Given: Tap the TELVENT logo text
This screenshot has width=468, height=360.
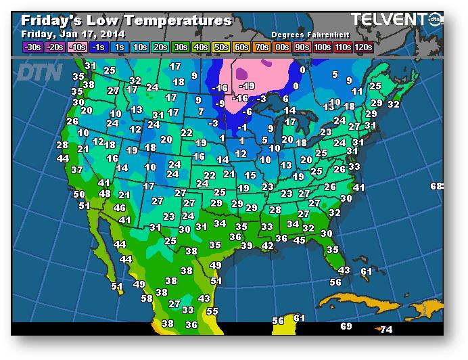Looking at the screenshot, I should [388, 20].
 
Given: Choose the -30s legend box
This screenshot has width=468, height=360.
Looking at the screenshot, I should [32, 47].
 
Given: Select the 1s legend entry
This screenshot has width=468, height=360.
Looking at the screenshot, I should [120, 47].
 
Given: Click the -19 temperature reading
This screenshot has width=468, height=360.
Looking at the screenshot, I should [248, 86].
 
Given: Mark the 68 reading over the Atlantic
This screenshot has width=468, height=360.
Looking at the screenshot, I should [436, 186].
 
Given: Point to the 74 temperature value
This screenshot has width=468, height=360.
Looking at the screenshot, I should [386, 330].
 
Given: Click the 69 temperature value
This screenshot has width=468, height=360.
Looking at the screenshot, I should [346, 326].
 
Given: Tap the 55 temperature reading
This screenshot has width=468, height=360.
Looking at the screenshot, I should [212, 311].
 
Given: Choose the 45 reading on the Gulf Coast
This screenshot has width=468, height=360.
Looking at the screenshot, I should [299, 240].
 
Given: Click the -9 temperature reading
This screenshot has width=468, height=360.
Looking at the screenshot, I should [220, 104].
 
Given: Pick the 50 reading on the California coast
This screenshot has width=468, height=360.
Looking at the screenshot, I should [79, 194].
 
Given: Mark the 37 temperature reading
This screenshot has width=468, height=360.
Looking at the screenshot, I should [77, 170].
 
